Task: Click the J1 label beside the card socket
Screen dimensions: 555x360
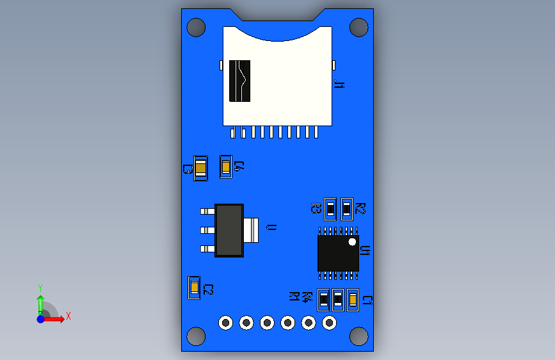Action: [339, 84]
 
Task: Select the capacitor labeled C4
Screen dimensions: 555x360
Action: [225, 167]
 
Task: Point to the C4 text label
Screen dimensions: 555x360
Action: [239, 166]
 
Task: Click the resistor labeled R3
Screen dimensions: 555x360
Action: [330, 208]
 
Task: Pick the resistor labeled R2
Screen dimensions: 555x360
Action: [346, 208]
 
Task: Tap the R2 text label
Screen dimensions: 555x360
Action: [360, 208]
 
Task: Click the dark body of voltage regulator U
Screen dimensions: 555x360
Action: [229, 230]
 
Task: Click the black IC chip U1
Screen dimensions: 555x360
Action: [338, 252]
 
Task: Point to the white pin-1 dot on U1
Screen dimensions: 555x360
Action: [352, 241]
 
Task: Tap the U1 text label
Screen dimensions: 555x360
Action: [365, 250]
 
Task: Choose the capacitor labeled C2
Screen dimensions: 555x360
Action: [193, 288]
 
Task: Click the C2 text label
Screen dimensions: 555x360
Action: [208, 290]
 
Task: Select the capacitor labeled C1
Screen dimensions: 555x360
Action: [352, 299]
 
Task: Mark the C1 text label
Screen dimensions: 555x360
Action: [367, 300]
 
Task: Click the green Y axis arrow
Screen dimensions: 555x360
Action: [40, 302]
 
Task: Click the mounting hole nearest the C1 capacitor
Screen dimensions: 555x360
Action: [358, 335]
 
